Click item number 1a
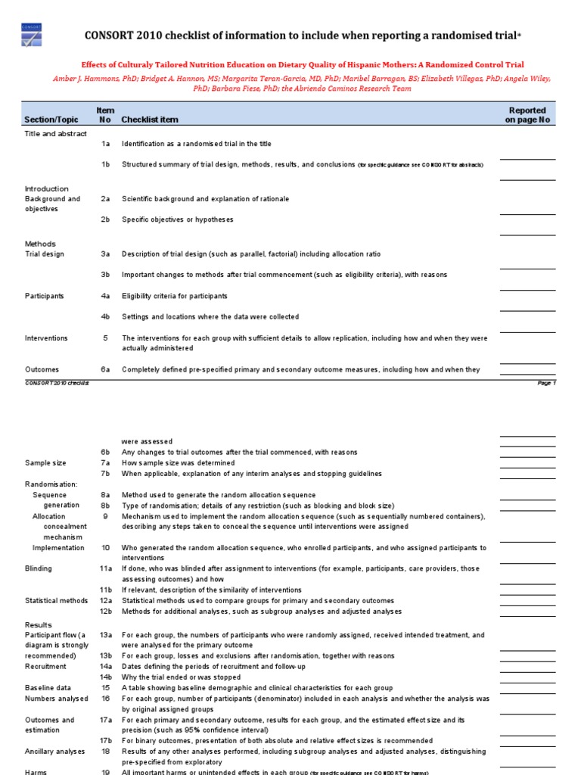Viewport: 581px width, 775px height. pyautogui.click(x=106, y=144)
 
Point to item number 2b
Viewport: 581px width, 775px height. pyautogui.click(x=106, y=219)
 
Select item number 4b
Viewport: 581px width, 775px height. pyautogui.click(x=106, y=317)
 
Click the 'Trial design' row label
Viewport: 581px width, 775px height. pyautogui.click(x=45, y=254)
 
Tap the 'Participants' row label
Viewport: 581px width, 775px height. pyautogui.click(x=45, y=296)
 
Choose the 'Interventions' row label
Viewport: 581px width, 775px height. pyautogui.click(x=46, y=338)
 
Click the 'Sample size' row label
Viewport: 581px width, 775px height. pyautogui.click(x=45, y=463)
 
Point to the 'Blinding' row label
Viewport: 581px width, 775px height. pyautogui.click(x=39, y=568)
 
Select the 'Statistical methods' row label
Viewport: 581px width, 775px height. pyautogui.click(x=56, y=601)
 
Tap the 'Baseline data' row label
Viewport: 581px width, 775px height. pyautogui.click(x=49, y=688)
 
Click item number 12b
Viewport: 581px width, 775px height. pyautogui.click(x=106, y=612)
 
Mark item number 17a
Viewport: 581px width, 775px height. pyautogui.click(x=106, y=721)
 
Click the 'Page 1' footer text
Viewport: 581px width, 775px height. pyautogui.click(x=546, y=384)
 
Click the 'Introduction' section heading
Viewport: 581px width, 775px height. pyautogui.click(x=47, y=188)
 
